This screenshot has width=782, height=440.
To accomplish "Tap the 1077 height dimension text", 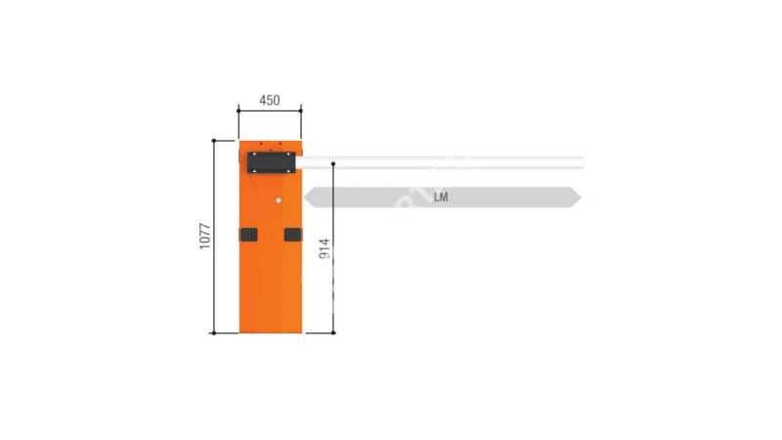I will click(205, 236).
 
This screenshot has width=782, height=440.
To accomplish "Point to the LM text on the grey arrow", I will click(441, 198).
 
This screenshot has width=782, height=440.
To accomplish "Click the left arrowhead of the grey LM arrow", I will click(308, 198).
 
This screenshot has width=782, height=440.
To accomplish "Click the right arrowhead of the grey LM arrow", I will click(577, 198).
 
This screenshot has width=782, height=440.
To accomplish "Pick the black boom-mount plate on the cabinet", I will click(273, 162).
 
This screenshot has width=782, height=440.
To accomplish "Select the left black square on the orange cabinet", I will click(248, 235).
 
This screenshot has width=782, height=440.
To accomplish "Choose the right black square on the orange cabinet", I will click(292, 235).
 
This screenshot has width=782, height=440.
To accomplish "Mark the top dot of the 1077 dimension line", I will click(214, 141).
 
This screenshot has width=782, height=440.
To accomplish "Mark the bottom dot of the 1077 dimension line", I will click(214, 332).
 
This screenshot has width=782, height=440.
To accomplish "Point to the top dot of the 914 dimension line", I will click(333, 162).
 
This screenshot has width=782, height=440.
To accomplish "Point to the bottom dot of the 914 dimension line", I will click(333, 332).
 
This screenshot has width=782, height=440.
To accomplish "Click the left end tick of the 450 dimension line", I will click(239, 110).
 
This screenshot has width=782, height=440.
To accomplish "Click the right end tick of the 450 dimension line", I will click(301, 110).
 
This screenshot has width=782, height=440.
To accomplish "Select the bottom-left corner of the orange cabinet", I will click(240, 330).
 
